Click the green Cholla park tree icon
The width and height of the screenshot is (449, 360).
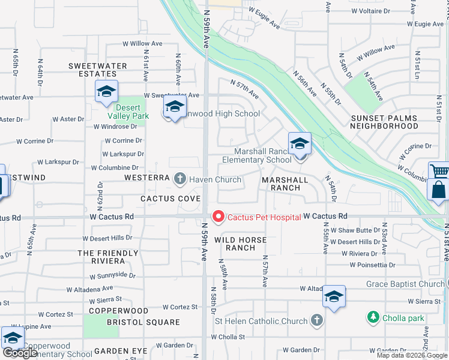click(373, 316)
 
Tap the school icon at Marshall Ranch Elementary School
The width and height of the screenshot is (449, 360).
click(300, 145)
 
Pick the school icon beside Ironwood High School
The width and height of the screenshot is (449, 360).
click(174, 107)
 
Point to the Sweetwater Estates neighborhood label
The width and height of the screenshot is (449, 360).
click(97, 70)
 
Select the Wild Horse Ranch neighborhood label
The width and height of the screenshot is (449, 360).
click(235, 243)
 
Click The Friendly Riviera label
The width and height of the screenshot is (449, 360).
click(101, 257)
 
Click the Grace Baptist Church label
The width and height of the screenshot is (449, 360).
click(405, 284)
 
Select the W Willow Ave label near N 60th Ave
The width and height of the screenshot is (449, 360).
click(142, 44)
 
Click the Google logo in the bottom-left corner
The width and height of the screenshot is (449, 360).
click(20, 353)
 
